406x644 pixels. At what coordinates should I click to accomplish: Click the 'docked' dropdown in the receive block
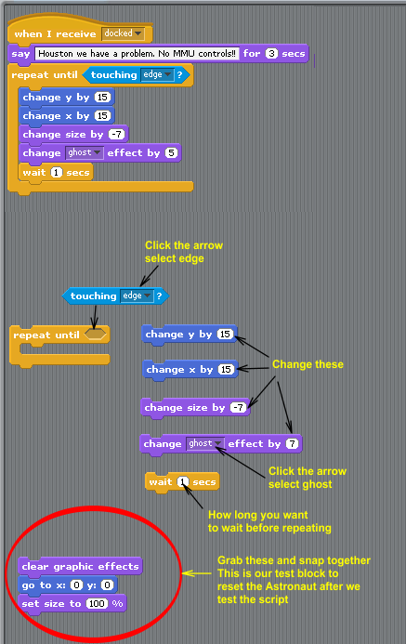click(124, 33)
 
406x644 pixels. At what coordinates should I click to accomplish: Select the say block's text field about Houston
click(138, 54)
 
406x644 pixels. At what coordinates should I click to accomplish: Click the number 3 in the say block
click(271, 54)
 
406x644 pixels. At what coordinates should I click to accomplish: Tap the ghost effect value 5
click(171, 153)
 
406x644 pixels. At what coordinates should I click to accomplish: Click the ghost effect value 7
click(292, 444)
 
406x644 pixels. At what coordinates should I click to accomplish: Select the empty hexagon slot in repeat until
click(95, 335)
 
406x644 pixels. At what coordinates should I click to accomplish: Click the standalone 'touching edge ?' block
click(115, 296)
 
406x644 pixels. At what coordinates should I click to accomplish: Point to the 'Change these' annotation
click(308, 364)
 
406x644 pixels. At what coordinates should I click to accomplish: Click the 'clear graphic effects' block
click(81, 567)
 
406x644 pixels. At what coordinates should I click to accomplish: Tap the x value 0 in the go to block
click(76, 585)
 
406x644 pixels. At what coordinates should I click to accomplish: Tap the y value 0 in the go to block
click(107, 585)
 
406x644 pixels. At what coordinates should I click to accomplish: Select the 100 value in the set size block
click(97, 604)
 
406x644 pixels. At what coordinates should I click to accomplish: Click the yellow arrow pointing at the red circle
click(197, 573)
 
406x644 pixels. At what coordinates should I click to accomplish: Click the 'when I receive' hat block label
click(55, 34)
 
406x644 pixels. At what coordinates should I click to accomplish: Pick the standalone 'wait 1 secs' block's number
click(183, 481)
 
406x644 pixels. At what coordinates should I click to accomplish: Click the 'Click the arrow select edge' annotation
click(184, 252)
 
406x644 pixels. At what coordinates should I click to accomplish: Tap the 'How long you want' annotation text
click(257, 515)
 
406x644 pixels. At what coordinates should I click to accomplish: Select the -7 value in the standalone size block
click(238, 408)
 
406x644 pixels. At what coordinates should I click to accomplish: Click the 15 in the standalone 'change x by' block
click(226, 370)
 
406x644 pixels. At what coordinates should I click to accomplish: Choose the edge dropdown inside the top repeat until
click(157, 74)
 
